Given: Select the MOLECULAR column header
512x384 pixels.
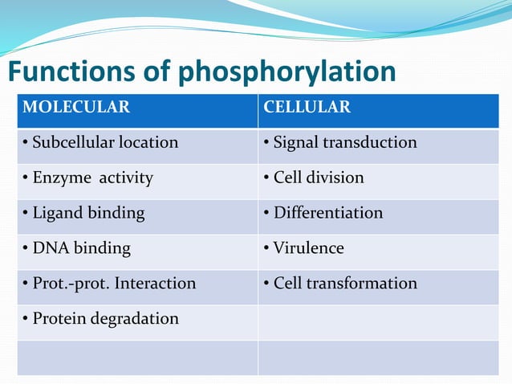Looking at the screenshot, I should click(76, 108).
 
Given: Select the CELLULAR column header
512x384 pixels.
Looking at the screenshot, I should click(307, 108).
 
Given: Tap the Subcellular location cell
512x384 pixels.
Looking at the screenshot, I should click(100, 143).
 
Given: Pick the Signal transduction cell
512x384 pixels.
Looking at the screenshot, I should click(340, 143).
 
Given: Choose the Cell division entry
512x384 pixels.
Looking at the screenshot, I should click(314, 178).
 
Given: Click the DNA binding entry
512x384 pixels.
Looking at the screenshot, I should click(76, 248).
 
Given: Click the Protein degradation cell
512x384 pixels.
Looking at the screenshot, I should click(100, 319).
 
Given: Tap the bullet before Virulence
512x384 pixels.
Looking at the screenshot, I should click(267, 248).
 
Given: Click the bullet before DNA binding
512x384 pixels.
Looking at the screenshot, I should click(26, 248).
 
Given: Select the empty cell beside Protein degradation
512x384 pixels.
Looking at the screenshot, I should click(378, 320).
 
